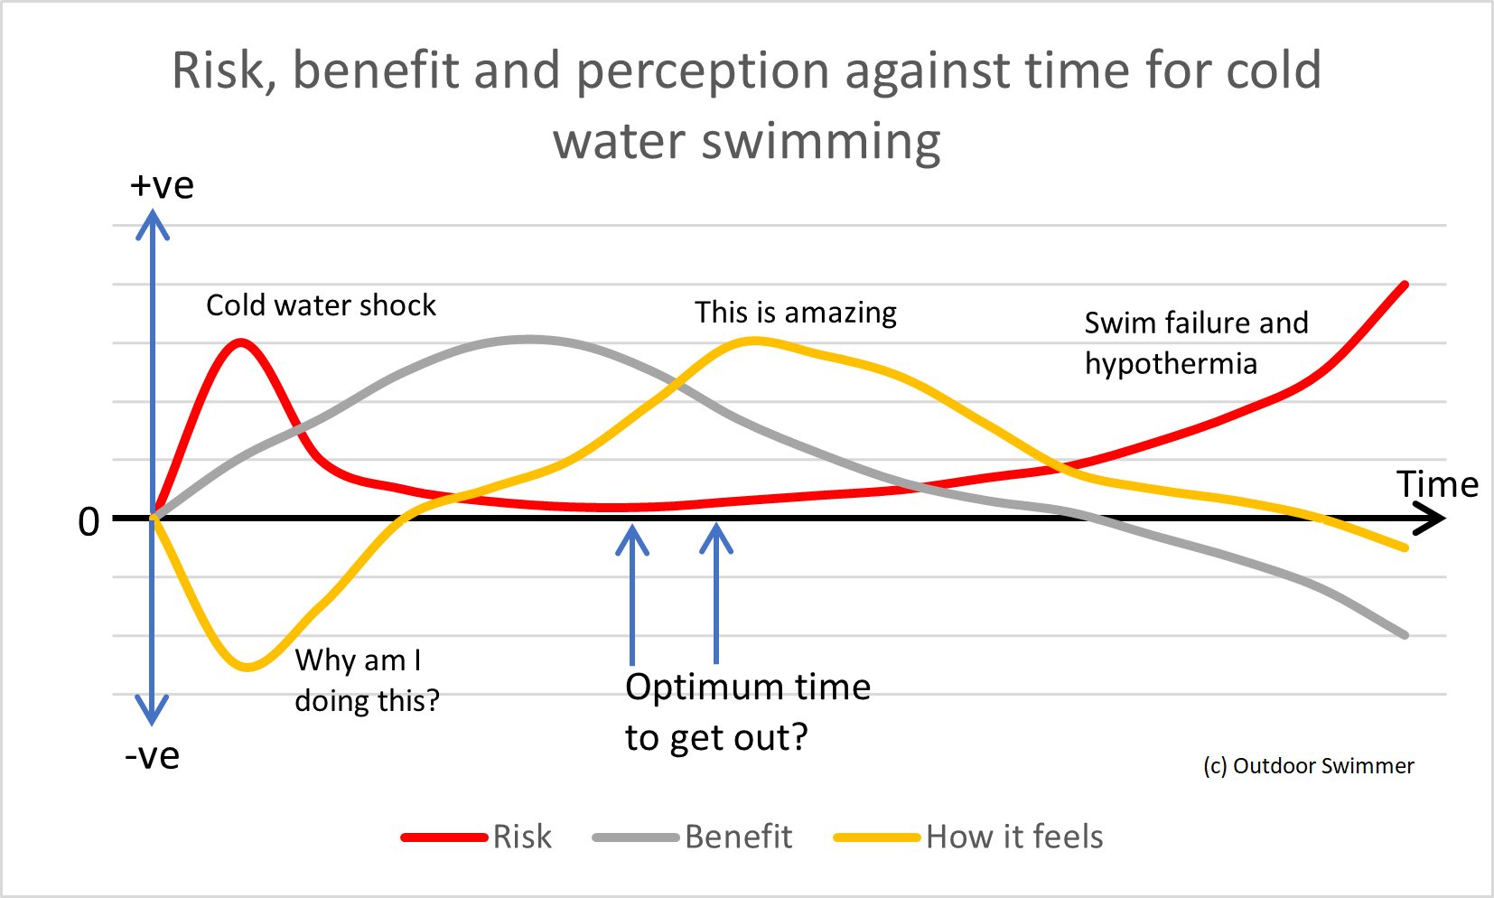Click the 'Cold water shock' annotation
[321, 305]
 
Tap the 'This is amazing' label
[795, 313]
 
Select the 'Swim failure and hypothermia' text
[1194, 342]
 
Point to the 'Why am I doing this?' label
[366, 680]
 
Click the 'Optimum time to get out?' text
[747, 712]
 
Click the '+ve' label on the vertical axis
[162, 185]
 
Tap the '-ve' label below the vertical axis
[152, 755]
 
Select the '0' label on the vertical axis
[89, 522]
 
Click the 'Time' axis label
[1437, 484]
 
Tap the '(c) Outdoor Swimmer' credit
[1308, 766]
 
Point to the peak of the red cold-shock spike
[241, 342]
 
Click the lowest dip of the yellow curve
[247, 668]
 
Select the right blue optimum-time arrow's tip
[716, 529]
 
